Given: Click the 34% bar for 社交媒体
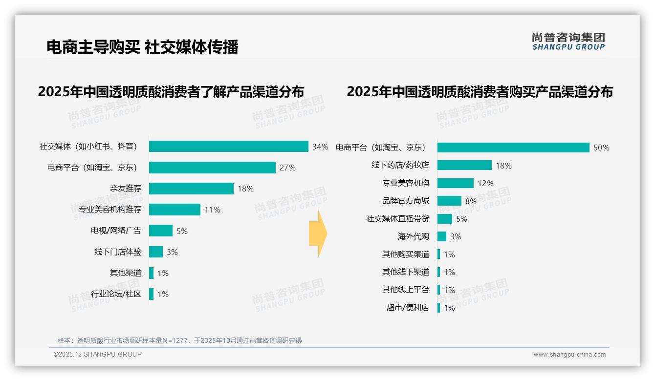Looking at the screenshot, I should [x=228, y=147].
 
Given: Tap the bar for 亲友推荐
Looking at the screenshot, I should [x=191, y=189].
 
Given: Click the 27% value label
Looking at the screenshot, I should [x=287, y=168].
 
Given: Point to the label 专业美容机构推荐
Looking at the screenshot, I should [x=110, y=210].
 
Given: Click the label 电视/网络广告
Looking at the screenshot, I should [x=116, y=231].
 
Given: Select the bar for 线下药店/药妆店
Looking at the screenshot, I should [x=464, y=165].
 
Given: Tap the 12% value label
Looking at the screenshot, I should [x=485, y=183].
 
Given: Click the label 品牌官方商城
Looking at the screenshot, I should [x=405, y=201].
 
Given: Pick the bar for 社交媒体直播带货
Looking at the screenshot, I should [x=444, y=219].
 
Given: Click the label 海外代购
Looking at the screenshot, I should [x=413, y=236].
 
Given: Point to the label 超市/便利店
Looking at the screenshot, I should [x=407, y=308].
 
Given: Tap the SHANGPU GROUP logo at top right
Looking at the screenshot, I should [x=568, y=41].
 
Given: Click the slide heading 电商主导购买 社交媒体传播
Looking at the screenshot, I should [x=142, y=47].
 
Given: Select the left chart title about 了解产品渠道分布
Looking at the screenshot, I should [x=171, y=91].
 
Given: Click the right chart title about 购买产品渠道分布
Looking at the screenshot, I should [x=480, y=91].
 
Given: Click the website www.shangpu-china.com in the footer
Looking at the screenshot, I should [x=569, y=355].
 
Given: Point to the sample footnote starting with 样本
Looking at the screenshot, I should [x=179, y=340].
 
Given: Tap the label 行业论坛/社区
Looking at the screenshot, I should [x=116, y=294].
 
